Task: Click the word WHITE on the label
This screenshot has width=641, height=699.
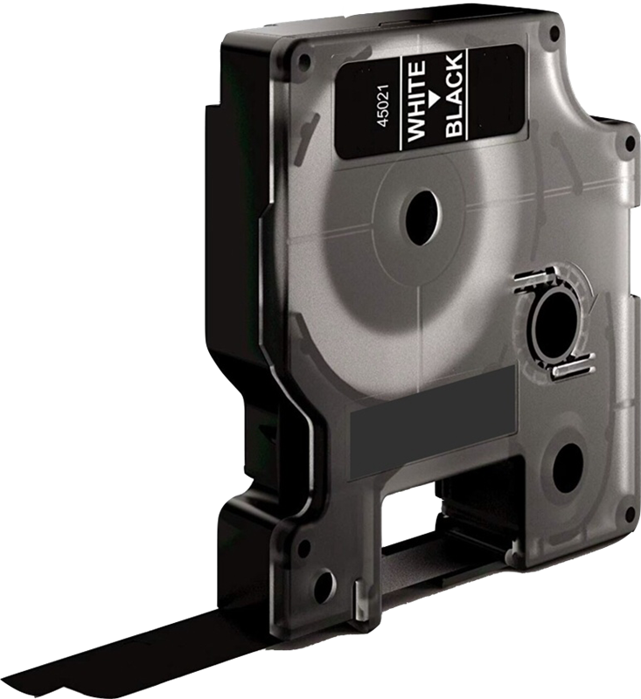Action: (416, 101)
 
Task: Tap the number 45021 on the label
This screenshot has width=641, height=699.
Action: (383, 106)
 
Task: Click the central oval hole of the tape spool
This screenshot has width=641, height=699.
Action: (422, 218)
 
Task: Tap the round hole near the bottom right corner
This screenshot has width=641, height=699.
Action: (568, 468)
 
